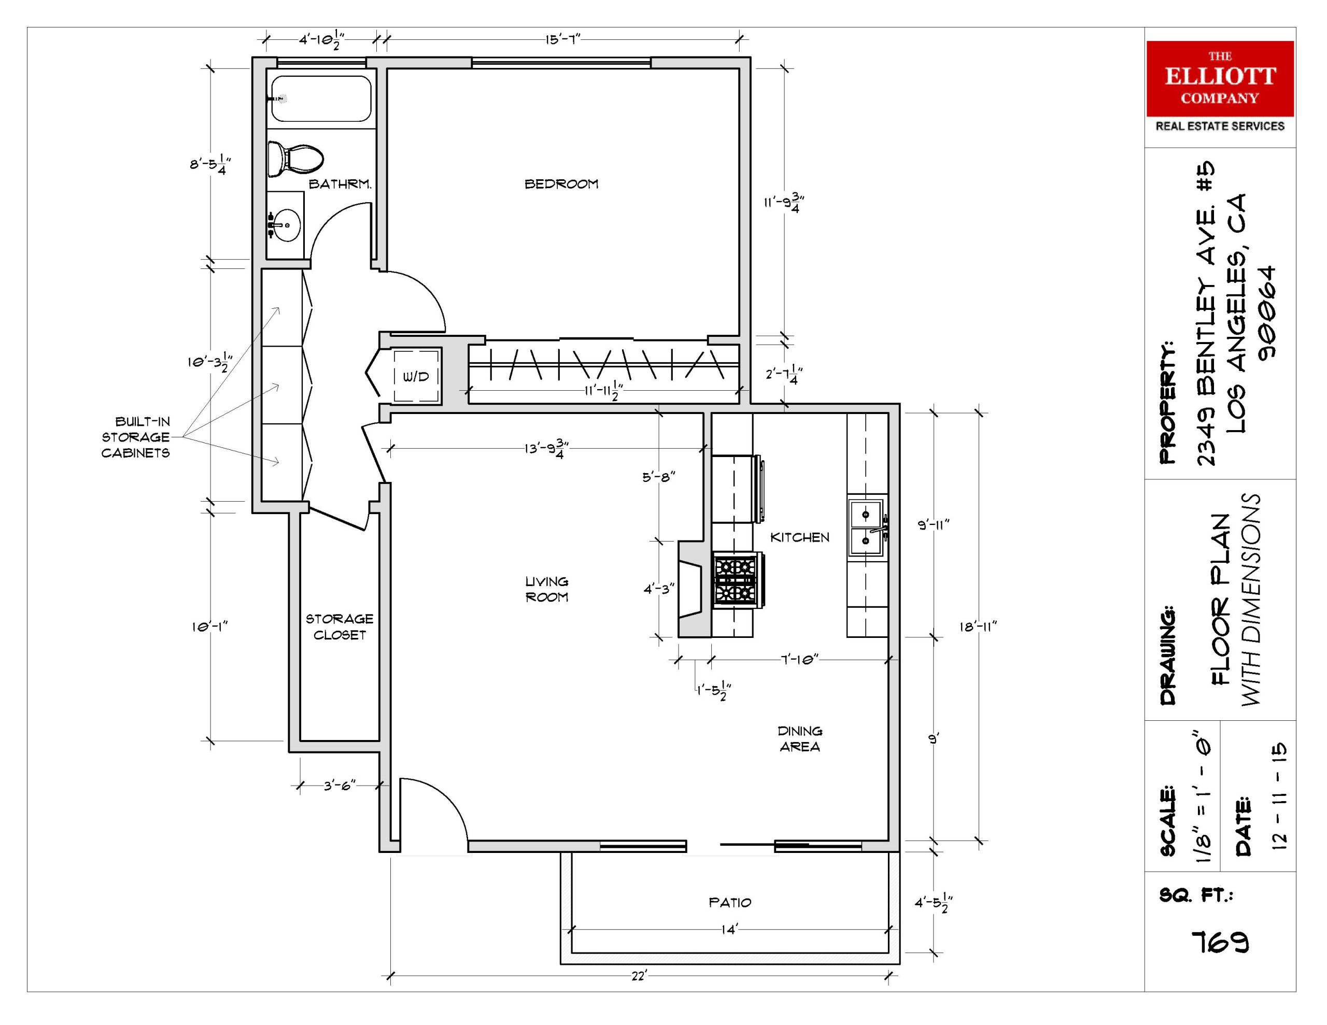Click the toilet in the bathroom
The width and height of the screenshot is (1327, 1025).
[295, 159]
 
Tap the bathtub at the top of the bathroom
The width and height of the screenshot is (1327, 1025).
[320, 98]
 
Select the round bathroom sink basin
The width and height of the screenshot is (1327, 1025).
[285, 225]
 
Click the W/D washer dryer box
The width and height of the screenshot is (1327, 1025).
[416, 376]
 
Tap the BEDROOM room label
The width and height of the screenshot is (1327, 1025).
[561, 183]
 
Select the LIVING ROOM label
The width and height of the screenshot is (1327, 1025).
[547, 589]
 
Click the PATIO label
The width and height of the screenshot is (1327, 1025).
[730, 902]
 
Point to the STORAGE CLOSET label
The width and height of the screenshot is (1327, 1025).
[339, 627]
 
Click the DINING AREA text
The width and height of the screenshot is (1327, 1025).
[800, 738]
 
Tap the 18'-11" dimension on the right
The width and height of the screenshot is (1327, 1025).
[978, 627]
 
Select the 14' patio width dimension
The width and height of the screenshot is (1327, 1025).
[729, 930]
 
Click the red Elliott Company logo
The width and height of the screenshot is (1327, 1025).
[1220, 78]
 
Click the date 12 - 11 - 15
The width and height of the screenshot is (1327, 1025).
[1278, 795]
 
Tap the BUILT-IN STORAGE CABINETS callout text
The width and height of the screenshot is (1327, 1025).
[135, 437]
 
